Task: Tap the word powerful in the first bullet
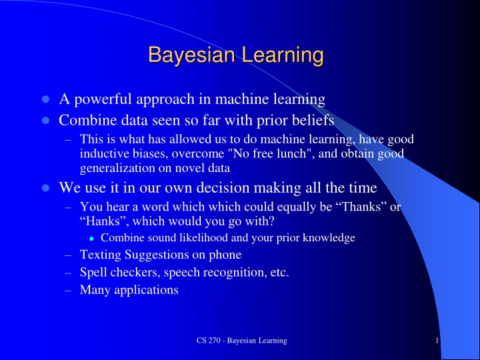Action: (105, 100)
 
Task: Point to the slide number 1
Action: (436, 341)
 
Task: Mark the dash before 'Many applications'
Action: (68, 289)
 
